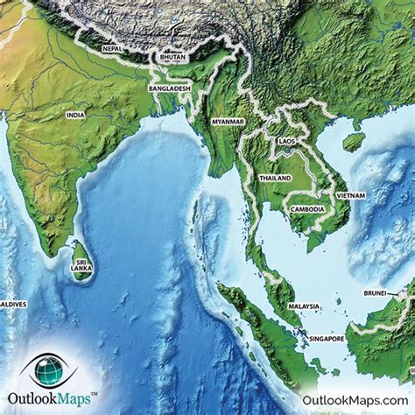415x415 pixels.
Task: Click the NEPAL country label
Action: click(112, 50)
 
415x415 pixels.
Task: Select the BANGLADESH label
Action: click(171, 89)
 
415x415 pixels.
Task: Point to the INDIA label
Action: click(75, 115)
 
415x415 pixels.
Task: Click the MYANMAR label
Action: click(228, 121)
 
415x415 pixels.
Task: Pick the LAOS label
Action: click(286, 140)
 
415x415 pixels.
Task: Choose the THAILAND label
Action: click(275, 178)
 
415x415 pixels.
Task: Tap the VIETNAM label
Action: click(350, 194)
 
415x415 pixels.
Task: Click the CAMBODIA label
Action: click(307, 209)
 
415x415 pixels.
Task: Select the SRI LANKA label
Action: click(82, 265)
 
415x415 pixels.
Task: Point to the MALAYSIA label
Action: click(304, 306)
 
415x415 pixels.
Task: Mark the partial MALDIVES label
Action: click(13, 304)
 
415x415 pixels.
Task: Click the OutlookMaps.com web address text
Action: click(354, 399)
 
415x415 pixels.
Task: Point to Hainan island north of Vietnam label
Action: click(354, 141)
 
